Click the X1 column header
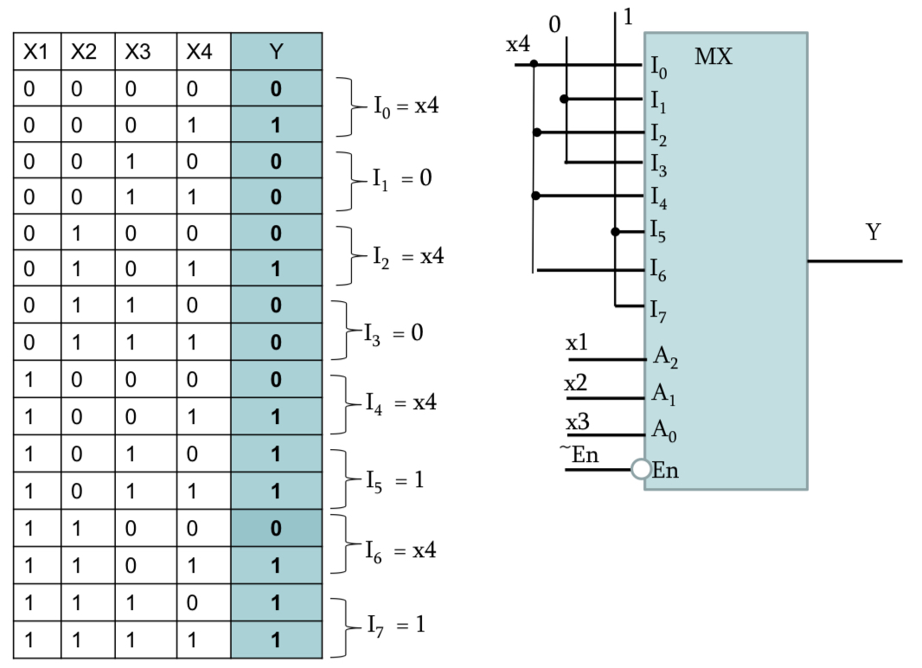tap(34, 52)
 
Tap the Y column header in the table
tap(276, 52)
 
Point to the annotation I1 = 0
tap(402, 180)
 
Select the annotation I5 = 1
tap(399, 478)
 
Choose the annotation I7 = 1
tap(399, 623)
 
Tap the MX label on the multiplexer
tap(714, 59)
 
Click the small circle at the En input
tap(641, 470)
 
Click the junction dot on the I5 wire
tap(615, 232)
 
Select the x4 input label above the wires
tap(518, 46)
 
